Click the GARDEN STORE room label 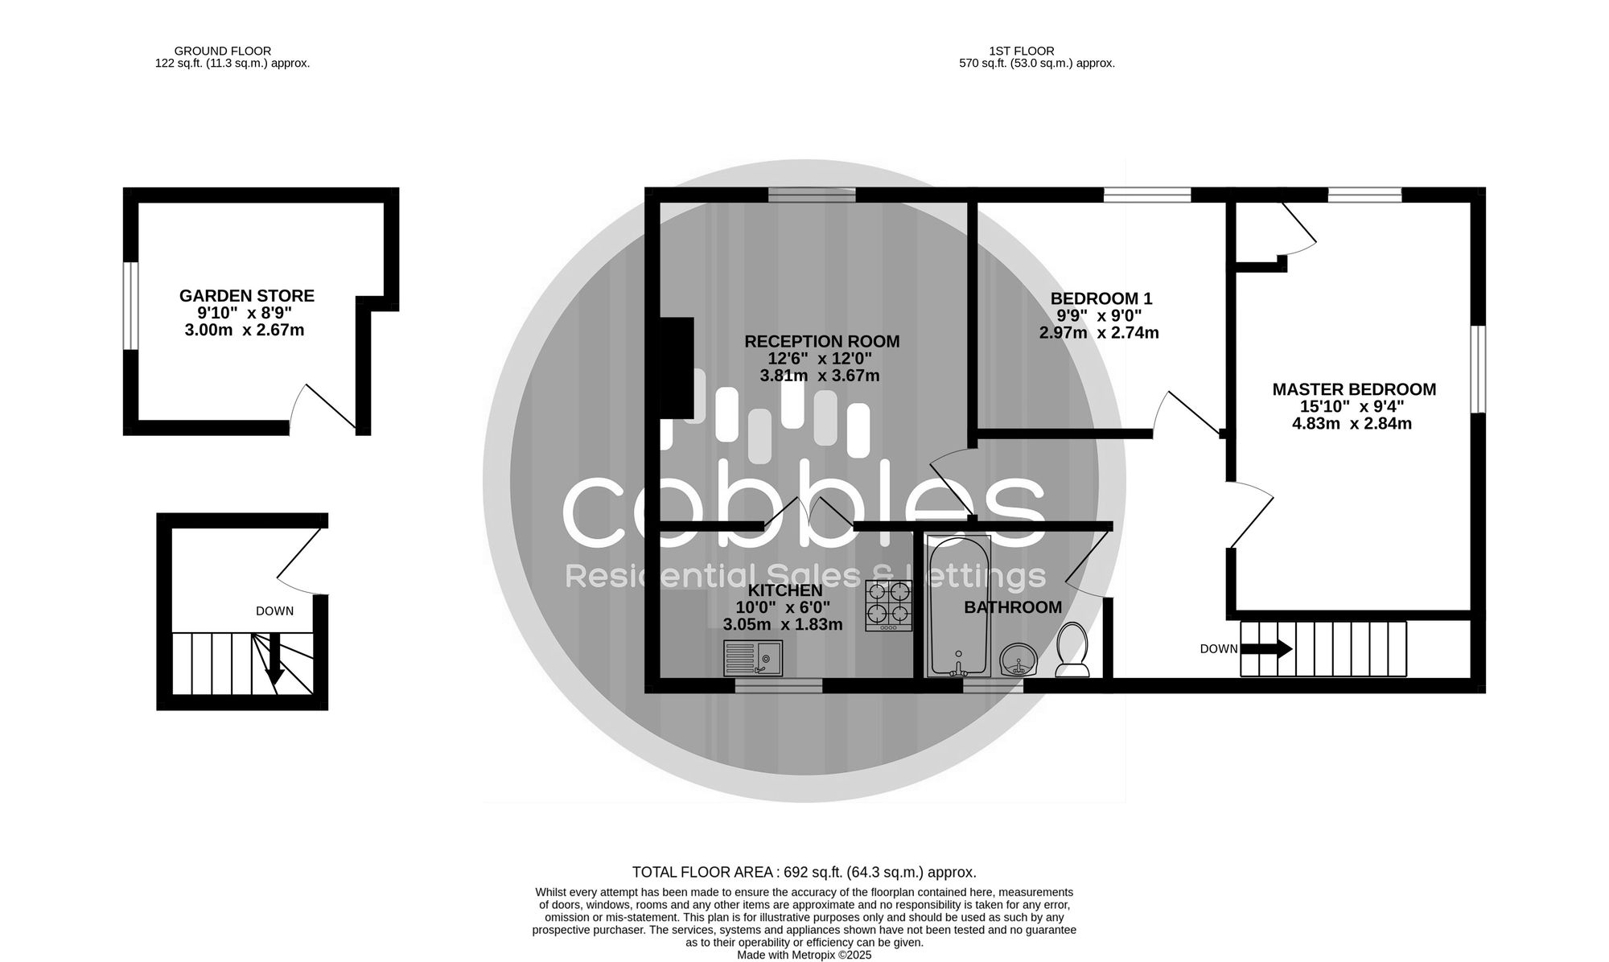click(x=246, y=296)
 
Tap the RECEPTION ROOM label click(x=821, y=341)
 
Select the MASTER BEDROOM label click(x=1354, y=389)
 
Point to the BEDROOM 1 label click(x=1101, y=298)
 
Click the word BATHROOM click(x=1013, y=607)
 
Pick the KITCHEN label click(x=779, y=590)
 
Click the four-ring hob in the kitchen click(x=888, y=606)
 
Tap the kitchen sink click(x=753, y=658)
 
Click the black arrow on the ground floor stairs click(x=275, y=659)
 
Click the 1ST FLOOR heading click(x=1022, y=51)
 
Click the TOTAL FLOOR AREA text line click(x=804, y=872)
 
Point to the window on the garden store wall click(x=130, y=306)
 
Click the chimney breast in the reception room click(x=677, y=369)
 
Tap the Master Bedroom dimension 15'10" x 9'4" click(x=1352, y=407)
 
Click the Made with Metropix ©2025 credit click(x=804, y=955)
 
